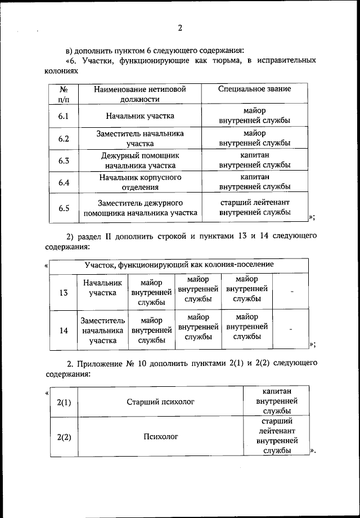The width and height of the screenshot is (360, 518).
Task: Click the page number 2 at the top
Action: pos(180,28)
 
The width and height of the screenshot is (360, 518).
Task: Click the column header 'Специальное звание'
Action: pos(254,89)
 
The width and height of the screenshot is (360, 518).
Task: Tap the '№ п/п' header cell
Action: pos(64,94)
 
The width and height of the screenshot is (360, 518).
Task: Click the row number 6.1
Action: pos(64,116)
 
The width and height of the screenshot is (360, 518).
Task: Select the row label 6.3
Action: pos(64,160)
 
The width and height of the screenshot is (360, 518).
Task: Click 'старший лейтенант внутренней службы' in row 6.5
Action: pos(254,207)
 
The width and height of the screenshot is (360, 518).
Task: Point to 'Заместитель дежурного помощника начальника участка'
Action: pos(140,208)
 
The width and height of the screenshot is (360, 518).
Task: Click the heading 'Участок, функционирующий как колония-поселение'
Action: pos(179,264)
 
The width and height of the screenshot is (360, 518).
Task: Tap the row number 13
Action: pos(64,292)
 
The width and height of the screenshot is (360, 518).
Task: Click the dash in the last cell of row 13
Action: pos(291,291)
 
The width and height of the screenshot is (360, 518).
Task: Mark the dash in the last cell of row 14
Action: pos(291,329)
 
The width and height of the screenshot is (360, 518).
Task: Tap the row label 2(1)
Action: pos(64,402)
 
